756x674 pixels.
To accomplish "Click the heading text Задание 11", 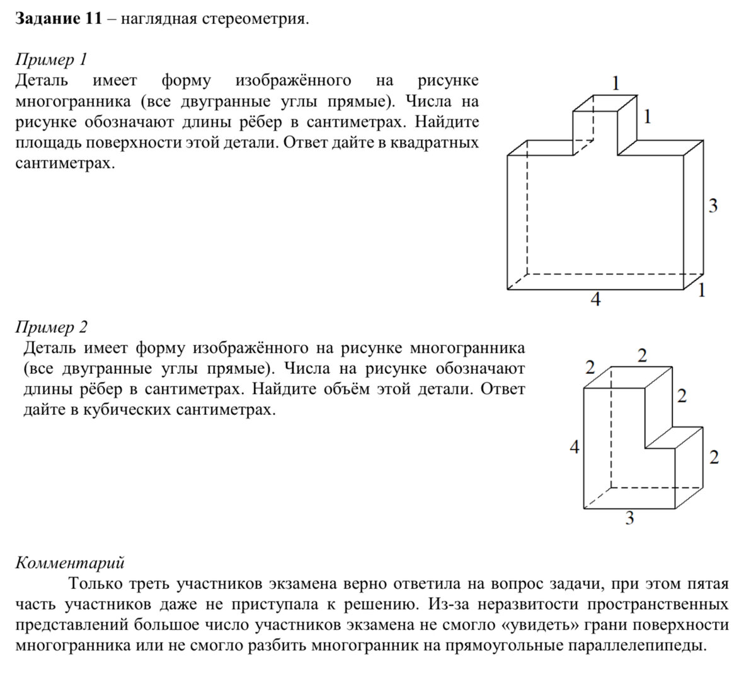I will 58,19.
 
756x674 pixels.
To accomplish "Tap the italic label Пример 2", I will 52,327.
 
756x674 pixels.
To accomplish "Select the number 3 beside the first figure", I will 713,206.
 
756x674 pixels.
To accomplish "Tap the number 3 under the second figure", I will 629,518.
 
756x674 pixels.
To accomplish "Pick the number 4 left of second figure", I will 574,448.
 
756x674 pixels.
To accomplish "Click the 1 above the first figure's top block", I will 616,82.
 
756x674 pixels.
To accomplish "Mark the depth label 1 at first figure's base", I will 702,290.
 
